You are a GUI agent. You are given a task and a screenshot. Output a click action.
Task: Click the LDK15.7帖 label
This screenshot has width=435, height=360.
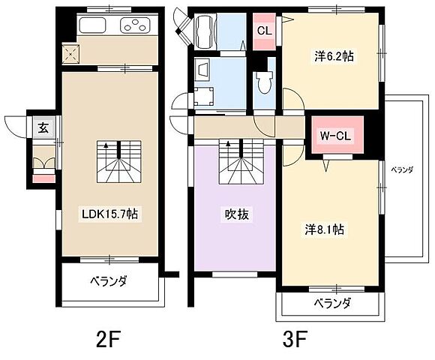(109, 214)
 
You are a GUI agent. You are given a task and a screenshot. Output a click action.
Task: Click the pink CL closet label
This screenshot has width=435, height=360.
(264, 31)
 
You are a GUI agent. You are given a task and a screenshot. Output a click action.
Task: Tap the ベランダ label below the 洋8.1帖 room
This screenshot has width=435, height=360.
(332, 304)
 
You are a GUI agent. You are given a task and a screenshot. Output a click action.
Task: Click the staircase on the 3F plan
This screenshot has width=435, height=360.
(237, 158)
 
